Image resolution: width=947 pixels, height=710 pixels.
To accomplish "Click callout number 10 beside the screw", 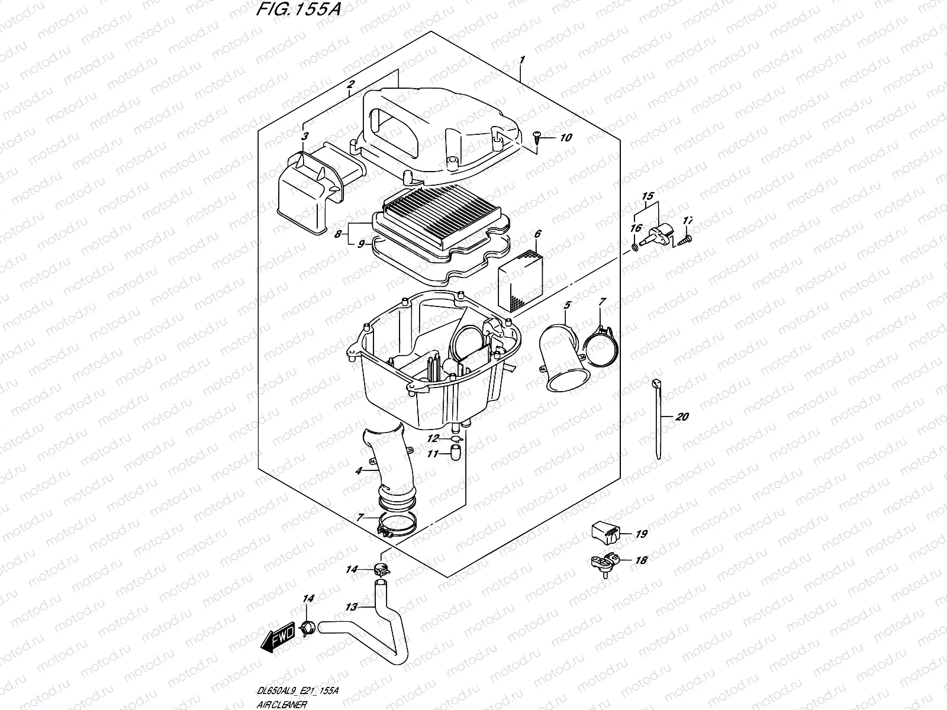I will click(x=565, y=138).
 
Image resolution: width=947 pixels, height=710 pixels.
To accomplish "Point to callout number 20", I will click(x=681, y=417).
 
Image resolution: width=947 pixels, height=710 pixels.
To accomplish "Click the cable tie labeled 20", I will click(x=658, y=417).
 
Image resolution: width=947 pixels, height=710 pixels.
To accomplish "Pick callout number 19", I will click(x=642, y=534).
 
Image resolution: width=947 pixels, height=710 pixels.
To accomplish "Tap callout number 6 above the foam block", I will click(x=537, y=234).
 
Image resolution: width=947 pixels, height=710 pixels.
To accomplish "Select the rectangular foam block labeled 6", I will click(x=520, y=280).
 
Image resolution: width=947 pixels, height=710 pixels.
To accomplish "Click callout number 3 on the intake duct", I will click(x=305, y=137).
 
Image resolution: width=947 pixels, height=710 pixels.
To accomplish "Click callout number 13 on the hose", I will click(x=352, y=606).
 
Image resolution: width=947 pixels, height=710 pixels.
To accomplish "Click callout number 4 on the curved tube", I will click(x=359, y=471).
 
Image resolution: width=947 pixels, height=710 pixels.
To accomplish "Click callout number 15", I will click(x=647, y=196).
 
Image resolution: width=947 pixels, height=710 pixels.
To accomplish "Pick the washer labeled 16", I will click(x=635, y=246).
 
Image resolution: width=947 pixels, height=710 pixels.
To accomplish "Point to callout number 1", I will click(x=522, y=60).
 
